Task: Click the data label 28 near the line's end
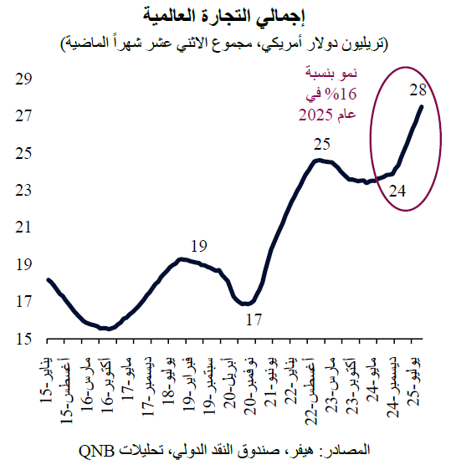click(x=419, y=89)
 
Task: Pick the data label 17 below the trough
click(x=254, y=319)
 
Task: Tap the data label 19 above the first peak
click(x=198, y=246)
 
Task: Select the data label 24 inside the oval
click(x=397, y=192)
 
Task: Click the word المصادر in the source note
click(x=346, y=452)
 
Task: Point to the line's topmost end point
click(x=421, y=106)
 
